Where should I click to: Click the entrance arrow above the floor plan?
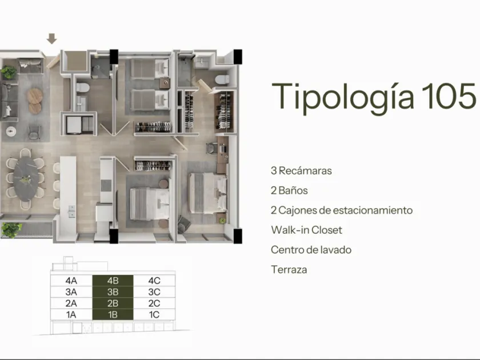[x=52, y=39]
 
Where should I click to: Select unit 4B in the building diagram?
[x=113, y=281]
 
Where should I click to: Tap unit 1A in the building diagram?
[x=71, y=314]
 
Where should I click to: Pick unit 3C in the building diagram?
[x=154, y=292]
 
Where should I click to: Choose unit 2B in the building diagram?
[x=113, y=303]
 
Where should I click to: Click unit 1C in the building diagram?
[x=154, y=314]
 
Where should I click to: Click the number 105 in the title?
[x=449, y=97]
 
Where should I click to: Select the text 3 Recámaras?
[x=301, y=170]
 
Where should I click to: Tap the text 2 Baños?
[x=289, y=190]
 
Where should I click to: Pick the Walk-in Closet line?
[x=306, y=230]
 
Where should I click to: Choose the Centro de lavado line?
[x=311, y=250]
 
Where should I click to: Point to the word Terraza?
[x=289, y=270]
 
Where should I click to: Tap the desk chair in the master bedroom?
[x=212, y=149]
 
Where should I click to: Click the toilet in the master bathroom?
[x=222, y=79]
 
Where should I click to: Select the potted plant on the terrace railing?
[x=11, y=230]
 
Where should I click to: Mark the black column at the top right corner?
[x=238, y=57]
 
